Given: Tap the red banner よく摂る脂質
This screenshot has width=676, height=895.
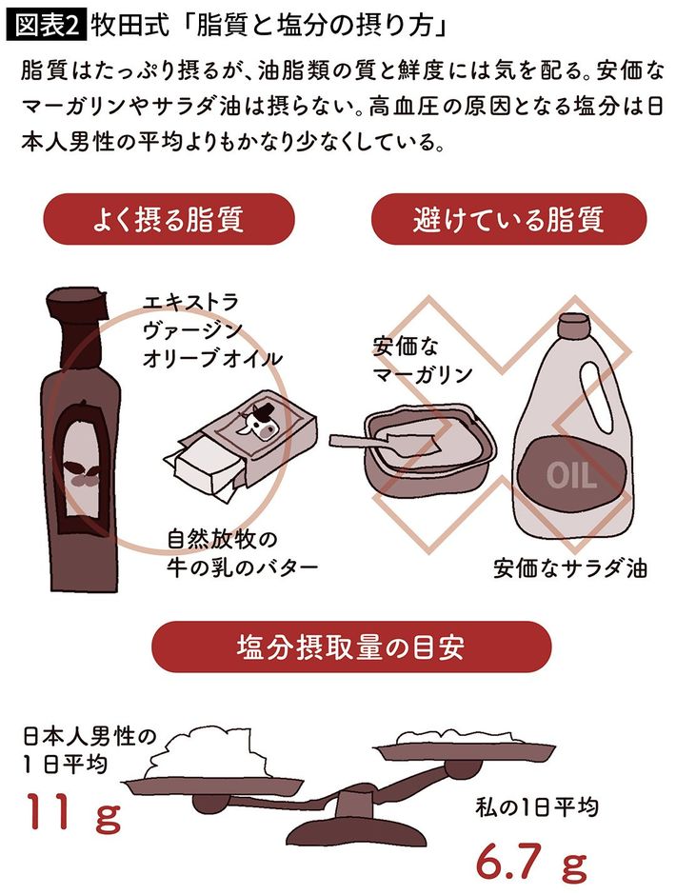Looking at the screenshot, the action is tap(169, 219).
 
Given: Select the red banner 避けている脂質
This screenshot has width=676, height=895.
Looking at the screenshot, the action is tap(508, 219).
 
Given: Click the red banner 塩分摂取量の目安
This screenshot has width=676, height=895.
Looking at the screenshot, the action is tap(351, 646).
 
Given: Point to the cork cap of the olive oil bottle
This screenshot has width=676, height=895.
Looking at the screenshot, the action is tap(76, 304).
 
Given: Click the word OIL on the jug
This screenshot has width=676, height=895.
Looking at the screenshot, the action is tap(571, 475).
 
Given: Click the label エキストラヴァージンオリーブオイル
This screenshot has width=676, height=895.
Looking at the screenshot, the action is tap(212, 330).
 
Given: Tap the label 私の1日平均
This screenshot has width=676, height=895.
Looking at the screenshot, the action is tap(536, 807).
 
